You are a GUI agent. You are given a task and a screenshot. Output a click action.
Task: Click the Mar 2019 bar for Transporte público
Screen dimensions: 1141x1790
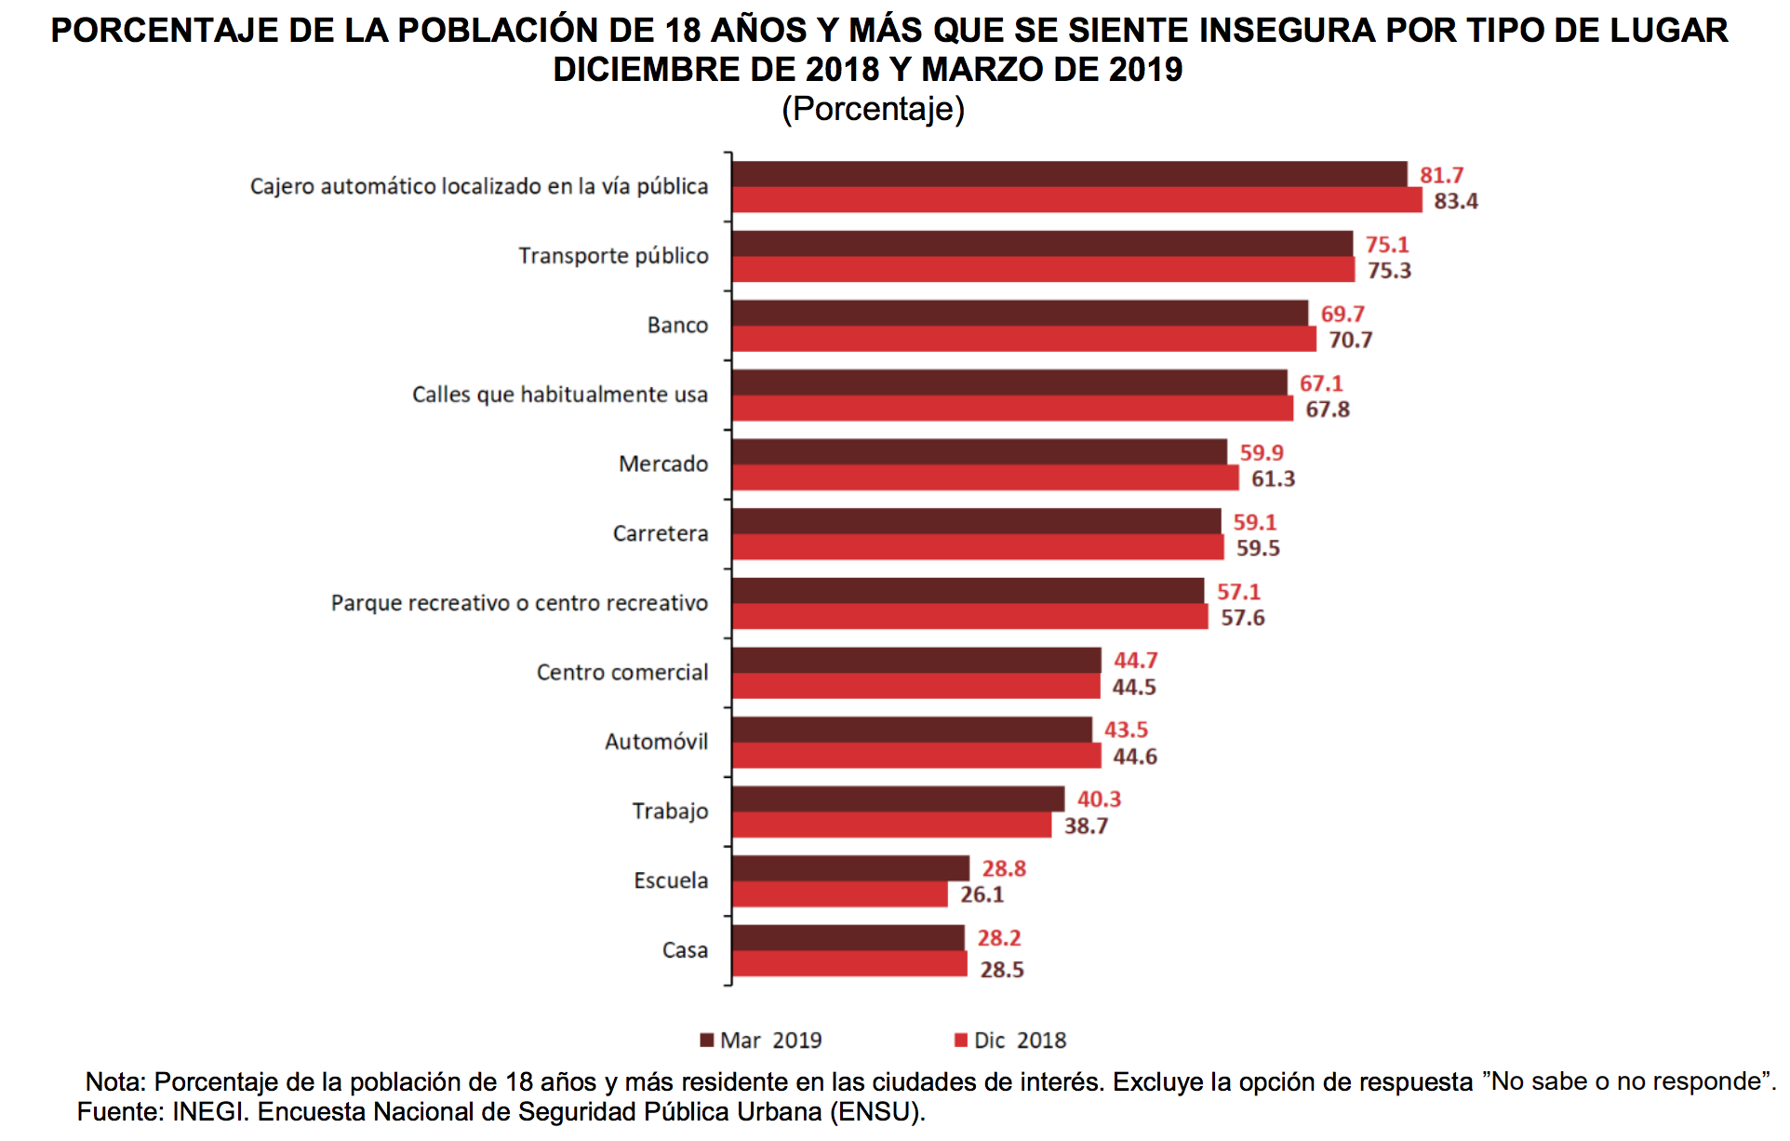[x=1042, y=244]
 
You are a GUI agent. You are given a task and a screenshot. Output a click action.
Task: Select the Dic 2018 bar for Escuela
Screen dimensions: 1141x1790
[x=839, y=894]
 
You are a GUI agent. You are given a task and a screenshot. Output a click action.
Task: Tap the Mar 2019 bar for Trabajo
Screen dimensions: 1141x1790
[x=898, y=799]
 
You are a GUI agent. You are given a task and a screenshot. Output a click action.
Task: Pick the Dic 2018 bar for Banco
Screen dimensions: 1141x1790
[x=1023, y=339]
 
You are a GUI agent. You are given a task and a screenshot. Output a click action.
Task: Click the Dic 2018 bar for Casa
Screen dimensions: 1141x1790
[x=849, y=964]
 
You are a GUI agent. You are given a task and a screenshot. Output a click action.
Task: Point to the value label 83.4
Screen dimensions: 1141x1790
[x=1455, y=201]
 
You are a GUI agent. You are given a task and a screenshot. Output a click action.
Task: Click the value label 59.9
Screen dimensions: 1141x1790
[x=1261, y=453]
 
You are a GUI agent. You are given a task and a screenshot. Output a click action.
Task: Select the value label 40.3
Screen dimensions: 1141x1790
[x=1099, y=799]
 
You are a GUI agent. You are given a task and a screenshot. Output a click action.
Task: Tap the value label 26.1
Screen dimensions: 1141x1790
[x=982, y=895]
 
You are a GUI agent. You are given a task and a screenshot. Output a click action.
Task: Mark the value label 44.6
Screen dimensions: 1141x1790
[x=1134, y=757]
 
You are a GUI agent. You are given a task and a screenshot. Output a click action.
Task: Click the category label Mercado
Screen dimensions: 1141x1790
[x=663, y=463]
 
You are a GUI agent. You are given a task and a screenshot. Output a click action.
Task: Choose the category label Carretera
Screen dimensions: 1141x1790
[x=661, y=533]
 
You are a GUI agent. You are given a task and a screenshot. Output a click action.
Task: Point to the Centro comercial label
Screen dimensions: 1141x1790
[x=622, y=672]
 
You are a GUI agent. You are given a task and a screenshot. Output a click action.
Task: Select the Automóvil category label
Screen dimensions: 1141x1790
[x=656, y=742]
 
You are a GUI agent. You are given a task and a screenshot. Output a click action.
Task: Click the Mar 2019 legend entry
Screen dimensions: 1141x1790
[x=762, y=1040]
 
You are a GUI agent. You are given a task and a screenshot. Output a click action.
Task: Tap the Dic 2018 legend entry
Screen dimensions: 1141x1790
[x=1011, y=1040]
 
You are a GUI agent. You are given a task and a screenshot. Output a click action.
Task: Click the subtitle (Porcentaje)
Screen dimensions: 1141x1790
[x=873, y=109]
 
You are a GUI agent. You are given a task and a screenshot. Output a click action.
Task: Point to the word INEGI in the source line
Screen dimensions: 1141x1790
[x=209, y=1112]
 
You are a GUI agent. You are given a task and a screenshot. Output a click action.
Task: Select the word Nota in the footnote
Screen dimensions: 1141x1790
[x=114, y=1082]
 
